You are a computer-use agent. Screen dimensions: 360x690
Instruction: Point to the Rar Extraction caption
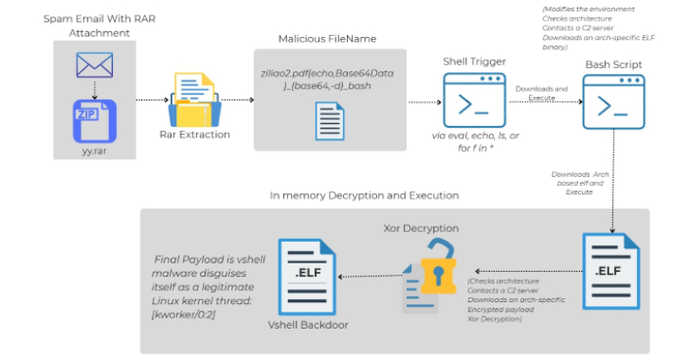point(194,135)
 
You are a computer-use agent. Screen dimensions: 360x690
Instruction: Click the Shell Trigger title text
point(471,61)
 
